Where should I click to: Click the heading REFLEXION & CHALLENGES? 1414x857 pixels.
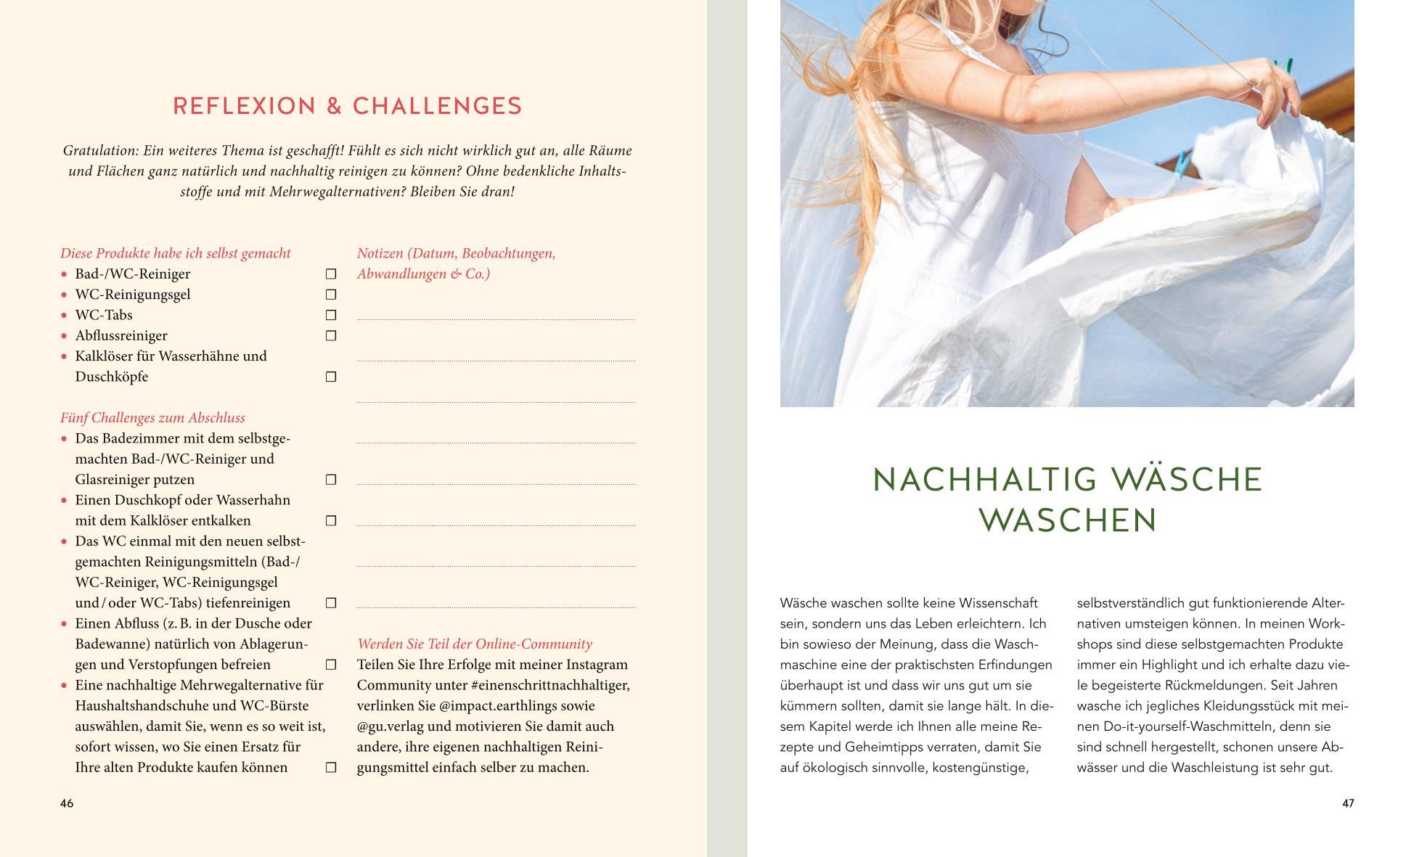347,106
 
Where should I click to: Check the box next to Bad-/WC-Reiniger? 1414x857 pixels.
331,274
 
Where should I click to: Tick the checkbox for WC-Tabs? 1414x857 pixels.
331,315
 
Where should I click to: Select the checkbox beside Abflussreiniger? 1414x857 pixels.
331,335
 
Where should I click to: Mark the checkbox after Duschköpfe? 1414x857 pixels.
331,377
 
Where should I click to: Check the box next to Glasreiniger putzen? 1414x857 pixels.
331,480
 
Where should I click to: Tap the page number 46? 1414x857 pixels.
67,803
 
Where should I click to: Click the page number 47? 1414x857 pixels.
1347,803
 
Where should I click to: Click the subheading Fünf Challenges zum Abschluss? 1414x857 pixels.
152,418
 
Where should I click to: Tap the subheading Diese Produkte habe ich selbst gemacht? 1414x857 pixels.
175,253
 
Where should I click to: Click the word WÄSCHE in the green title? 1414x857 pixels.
1187,481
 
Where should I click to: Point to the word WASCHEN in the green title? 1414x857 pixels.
1067,521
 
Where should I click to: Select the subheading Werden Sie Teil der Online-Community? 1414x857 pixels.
474,644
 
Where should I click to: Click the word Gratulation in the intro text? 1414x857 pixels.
100,151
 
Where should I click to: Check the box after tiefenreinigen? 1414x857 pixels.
331,603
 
